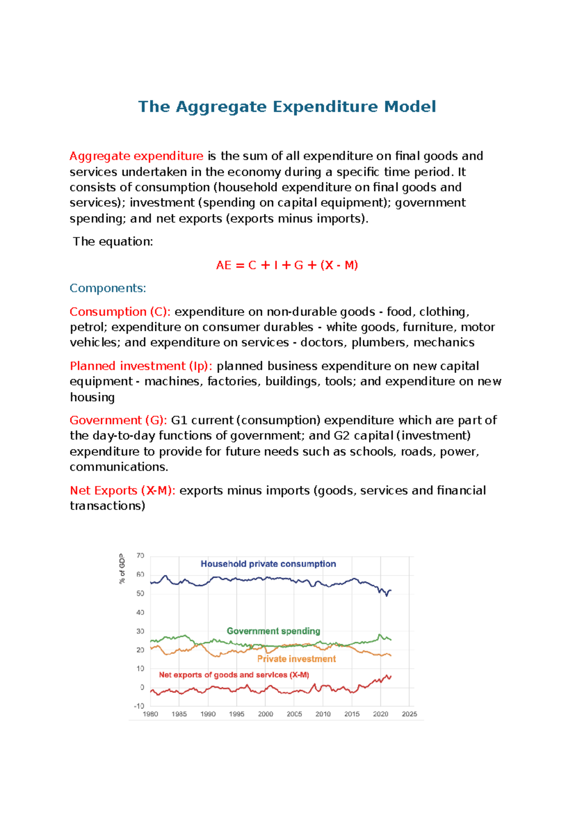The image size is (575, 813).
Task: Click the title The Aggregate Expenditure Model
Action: (x=287, y=106)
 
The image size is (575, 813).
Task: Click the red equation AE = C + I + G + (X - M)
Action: (x=287, y=265)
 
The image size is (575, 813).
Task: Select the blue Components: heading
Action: (x=108, y=288)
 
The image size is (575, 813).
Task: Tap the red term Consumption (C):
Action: (x=120, y=312)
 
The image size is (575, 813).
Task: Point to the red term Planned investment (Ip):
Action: (x=141, y=366)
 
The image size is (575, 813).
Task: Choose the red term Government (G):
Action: (x=118, y=420)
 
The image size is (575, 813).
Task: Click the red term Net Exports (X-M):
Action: (x=122, y=490)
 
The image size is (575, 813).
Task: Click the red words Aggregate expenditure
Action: (x=136, y=156)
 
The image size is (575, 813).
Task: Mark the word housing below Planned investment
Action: (x=92, y=397)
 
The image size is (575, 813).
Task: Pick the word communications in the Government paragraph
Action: (x=118, y=466)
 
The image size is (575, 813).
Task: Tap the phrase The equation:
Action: (x=113, y=242)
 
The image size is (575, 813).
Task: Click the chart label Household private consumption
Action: (x=268, y=564)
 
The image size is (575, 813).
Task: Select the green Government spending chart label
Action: (x=273, y=631)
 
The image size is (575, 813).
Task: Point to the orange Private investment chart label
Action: (x=296, y=659)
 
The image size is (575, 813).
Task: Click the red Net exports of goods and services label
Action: (x=234, y=674)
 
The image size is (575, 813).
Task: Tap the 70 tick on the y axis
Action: (x=140, y=556)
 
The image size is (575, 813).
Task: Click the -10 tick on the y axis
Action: (x=139, y=706)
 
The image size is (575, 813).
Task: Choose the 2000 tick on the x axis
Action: (x=265, y=714)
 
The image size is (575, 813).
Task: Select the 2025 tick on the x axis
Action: (x=409, y=714)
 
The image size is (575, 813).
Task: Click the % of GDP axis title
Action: (x=122, y=569)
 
